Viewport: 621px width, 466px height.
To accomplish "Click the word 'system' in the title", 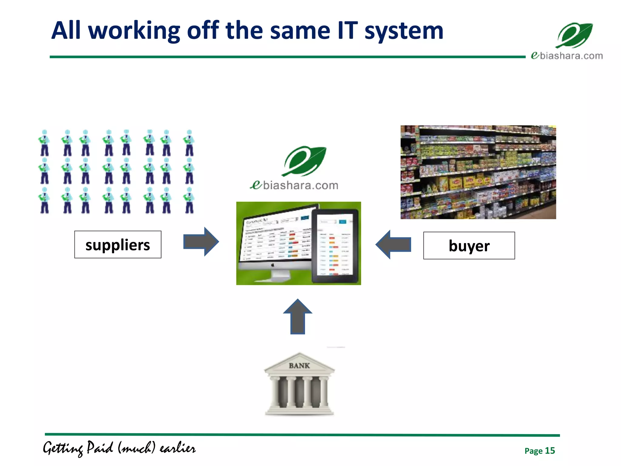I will (404, 31).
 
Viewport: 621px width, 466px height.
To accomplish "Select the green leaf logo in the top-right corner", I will (574, 35).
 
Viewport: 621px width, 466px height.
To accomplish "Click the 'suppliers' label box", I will (118, 245).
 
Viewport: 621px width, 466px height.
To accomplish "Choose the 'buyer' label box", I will (469, 245).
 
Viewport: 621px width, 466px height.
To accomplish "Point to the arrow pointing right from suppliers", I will (201, 242).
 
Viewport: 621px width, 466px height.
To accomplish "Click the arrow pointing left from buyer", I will (393, 245).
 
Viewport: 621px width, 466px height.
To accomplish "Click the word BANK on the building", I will (299, 366).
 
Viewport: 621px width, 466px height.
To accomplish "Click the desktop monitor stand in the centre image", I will (280, 275).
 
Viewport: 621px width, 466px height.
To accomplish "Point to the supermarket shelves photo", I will (478, 172).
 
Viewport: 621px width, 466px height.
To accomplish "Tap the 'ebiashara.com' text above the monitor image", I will (294, 185).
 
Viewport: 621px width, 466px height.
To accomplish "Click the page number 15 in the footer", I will (549, 451).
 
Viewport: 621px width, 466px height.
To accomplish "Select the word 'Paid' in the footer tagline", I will (100, 448).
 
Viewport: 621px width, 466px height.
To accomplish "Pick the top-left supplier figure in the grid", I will (44, 143).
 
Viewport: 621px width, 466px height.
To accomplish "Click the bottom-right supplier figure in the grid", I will (189, 201).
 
